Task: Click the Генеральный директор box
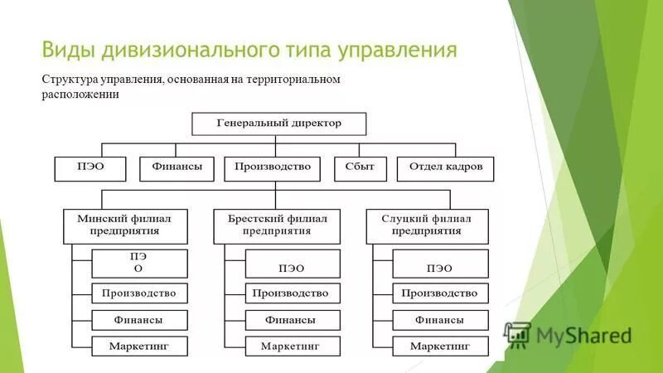point(278,124)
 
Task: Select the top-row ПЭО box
point(91,168)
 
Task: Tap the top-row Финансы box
point(177,168)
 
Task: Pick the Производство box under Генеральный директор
point(272,168)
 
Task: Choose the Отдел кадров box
point(445,168)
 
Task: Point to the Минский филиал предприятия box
point(124,225)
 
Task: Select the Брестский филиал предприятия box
point(277,225)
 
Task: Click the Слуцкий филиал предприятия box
point(427,225)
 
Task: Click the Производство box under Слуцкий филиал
point(439,293)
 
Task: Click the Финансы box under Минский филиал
point(138,320)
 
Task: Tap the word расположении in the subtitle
point(80,94)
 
